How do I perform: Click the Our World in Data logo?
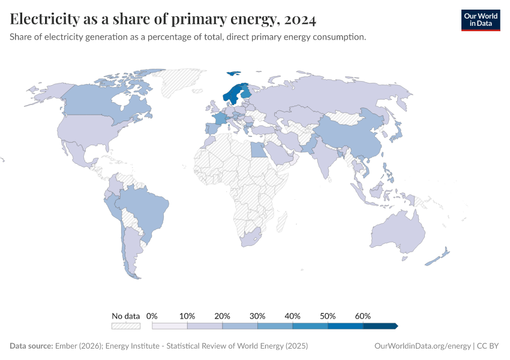pos(480,20)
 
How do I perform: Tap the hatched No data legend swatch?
pos(125,326)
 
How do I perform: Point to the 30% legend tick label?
pos(257,316)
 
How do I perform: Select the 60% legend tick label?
pos(363,316)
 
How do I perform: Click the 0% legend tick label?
pos(152,316)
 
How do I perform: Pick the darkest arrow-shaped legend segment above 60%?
pos(380,326)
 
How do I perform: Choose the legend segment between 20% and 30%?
pos(240,326)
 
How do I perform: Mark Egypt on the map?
pos(259,149)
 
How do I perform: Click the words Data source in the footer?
pos(31,346)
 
